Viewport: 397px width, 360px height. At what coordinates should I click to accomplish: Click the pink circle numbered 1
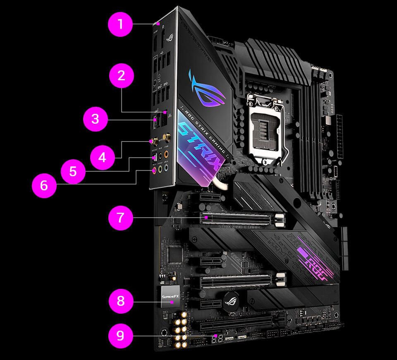point(120,24)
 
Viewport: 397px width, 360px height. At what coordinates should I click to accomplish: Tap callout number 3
point(95,120)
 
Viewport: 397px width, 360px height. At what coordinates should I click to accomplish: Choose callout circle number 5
point(73,171)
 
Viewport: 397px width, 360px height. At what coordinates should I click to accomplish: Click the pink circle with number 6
point(44,185)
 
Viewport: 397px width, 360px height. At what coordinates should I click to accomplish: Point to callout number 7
point(120,218)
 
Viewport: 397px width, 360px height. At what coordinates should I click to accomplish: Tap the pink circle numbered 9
point(120,335)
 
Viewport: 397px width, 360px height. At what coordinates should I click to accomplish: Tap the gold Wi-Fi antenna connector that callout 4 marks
point(153,141)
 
